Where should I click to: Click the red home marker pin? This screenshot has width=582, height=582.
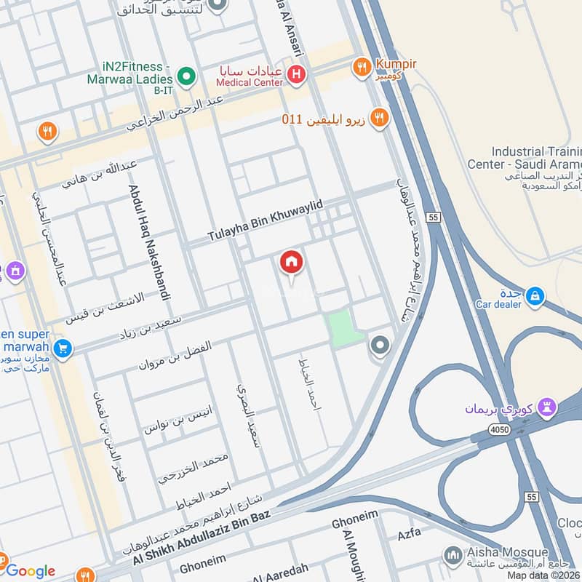292,263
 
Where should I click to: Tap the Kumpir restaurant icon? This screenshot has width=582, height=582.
362,68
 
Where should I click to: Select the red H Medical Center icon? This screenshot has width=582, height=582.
296,73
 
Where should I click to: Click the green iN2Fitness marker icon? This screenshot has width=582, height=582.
187,75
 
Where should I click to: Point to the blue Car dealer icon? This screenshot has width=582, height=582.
535,295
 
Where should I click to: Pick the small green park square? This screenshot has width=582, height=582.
343,327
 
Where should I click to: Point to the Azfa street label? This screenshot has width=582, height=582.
409,534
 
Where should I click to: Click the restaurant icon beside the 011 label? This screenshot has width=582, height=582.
378,117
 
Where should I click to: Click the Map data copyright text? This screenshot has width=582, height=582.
543,575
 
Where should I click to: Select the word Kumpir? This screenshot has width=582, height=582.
396,64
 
